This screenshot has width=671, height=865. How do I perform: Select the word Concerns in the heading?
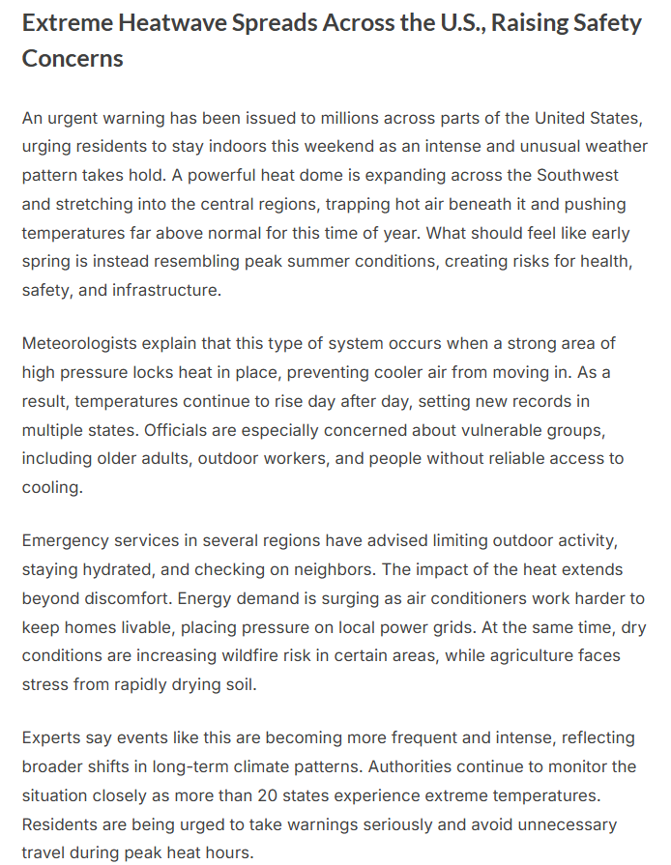click(x=73, y=58)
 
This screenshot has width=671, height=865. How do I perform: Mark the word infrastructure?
click(x=161, y=290)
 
